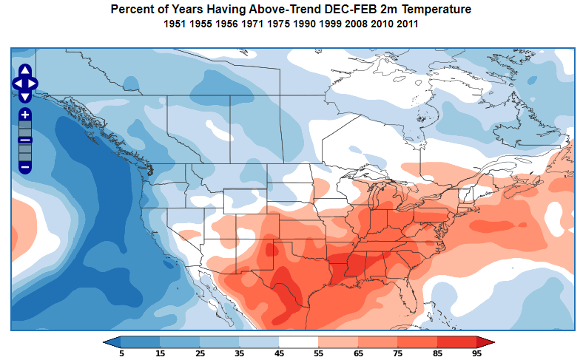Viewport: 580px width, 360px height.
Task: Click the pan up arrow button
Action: tap(25, 70)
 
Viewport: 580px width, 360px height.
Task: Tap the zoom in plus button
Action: tap(25, 115)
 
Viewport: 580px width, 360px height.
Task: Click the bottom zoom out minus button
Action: tap(25, 167)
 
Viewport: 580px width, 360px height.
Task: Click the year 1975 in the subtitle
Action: tap(277, 24)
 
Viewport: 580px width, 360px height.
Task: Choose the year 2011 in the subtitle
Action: tap(407, 24)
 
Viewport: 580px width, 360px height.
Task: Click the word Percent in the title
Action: tap(131, 10)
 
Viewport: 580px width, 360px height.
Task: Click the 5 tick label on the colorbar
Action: tap(121, 353)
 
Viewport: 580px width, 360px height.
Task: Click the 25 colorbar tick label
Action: tap(200, 353)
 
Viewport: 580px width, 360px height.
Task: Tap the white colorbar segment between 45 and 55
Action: tap(298, 342)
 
